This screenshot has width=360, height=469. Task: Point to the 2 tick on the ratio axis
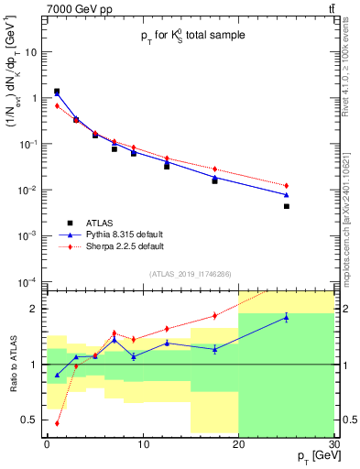[x=37, y=309]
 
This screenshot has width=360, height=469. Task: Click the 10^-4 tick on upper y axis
[x=29, y=281]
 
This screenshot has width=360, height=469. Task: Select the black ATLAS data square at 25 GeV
[x=286, y=207]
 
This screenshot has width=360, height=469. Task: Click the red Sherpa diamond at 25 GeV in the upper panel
[x=286, y=186]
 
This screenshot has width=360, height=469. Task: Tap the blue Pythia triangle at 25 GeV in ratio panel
[x=286, y=318]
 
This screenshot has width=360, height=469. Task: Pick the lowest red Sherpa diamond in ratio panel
[x=57, y=423]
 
